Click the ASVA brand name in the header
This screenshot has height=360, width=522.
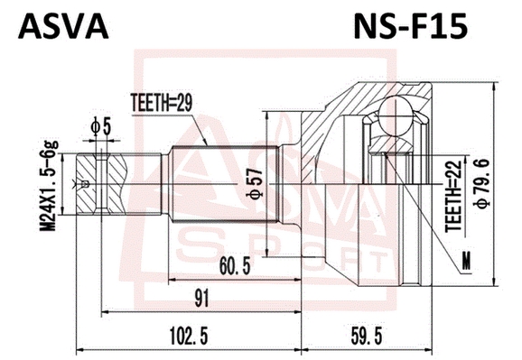click(x=63, y=27)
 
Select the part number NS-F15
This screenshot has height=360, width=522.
click(x=411, y=27)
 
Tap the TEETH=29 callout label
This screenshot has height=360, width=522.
click(x=162, y=103)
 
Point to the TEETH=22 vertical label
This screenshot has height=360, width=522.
click(x=454, y=196)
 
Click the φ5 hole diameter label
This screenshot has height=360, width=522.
click(x=100, y=126)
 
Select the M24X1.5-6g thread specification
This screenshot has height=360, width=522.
click(x=49, y=186)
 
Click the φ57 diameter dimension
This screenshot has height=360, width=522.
click(x=255, y=184)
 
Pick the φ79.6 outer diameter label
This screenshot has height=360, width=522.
click(x=482, y=184)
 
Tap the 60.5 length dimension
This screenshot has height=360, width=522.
click(x=235, y=266)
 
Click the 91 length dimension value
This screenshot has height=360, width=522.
click(x=202, y=298)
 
